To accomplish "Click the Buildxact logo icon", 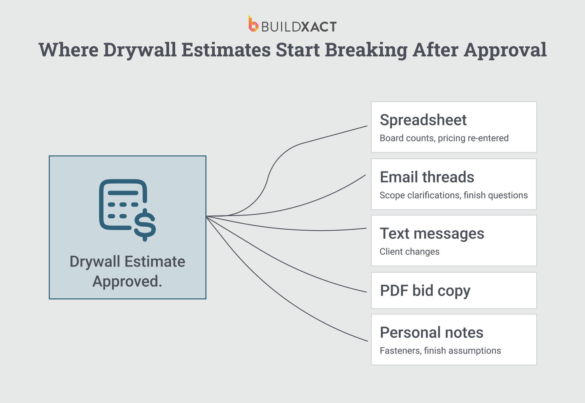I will (253, 24).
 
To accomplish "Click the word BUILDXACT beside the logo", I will (299, 27).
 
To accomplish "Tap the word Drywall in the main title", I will (140, 50).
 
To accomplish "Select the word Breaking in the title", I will (366, 50).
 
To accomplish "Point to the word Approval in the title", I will (505, 50).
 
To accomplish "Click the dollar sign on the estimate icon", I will (145, 224).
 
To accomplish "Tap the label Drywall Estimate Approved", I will (127, 271).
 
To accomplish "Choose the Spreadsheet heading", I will (423, 120).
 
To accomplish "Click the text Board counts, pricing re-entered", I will (444, 138).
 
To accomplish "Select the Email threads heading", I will (427, 177).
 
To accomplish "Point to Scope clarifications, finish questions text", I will (453, 195).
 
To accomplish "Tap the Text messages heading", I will (432, 233).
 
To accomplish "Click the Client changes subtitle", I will (409, 252).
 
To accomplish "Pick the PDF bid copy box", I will (454, 291).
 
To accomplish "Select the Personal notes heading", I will (431, 333).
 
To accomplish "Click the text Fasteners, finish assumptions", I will (440, 350).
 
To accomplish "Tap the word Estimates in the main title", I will (226, 50).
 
